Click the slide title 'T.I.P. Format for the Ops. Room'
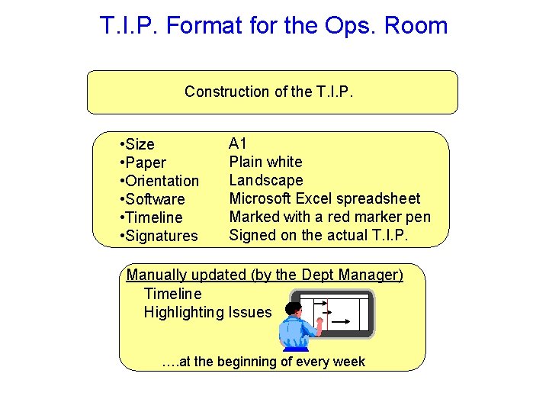click(x=274, y=26)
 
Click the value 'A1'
click(x=238, y=143)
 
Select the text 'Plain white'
click(x=265, y=162)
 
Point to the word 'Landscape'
click(x=266, y=180)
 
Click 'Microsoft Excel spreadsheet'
click(x=325, y=198)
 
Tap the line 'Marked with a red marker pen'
click(x=330, y=217)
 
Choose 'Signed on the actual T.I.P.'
click(x=319, y=235)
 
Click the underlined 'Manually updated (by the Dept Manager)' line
click(x=265, y=275)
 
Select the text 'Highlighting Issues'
click(x=207, y=312)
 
